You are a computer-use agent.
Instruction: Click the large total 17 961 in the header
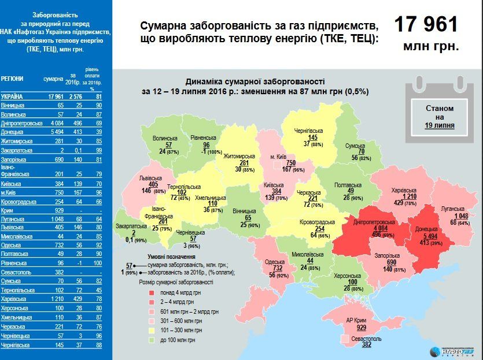click(x=426, y=25)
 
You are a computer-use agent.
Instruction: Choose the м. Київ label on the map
click(x=279, y=156)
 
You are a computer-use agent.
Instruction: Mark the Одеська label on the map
click(x=274, y=262)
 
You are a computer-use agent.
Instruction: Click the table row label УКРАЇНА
click(x=13, y=97)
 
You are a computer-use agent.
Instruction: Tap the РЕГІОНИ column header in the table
click(x=13, y=77)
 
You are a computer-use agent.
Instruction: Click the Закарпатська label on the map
click(x=131, y=227)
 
